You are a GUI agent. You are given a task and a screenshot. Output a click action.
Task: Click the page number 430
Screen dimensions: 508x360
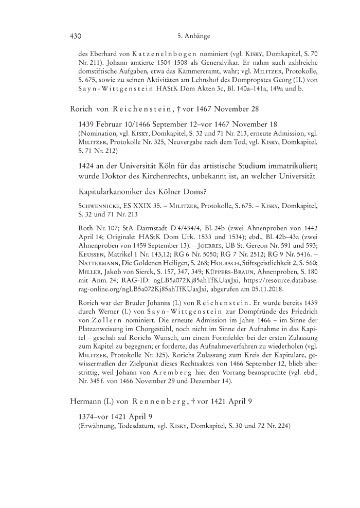76,37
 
